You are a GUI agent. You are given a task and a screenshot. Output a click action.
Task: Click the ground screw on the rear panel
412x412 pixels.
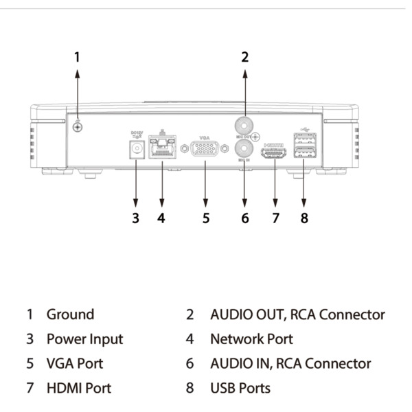(x=78, y=126)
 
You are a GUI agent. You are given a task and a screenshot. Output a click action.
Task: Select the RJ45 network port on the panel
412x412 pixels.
(x=161, y=150)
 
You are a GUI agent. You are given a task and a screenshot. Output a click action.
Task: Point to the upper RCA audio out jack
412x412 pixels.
(x=244, y=126)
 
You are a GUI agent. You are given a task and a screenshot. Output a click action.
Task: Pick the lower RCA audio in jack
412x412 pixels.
(x=244, y=149)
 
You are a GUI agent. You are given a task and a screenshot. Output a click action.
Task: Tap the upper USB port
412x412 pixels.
(x=304, y=139)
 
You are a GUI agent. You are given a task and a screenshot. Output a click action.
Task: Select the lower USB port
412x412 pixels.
(x=304, y=152)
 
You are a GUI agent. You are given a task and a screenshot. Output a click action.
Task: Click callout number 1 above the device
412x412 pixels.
(x=78, y=57)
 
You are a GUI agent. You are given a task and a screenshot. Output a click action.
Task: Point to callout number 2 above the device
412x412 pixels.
(x=244, y=57)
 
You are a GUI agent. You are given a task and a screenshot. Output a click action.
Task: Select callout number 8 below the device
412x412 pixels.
(x=304, y=218)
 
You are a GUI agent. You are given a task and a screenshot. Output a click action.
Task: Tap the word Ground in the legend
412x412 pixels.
(x=70, y=314)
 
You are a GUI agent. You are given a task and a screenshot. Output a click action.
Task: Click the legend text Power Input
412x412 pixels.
(x=84, y=339)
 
